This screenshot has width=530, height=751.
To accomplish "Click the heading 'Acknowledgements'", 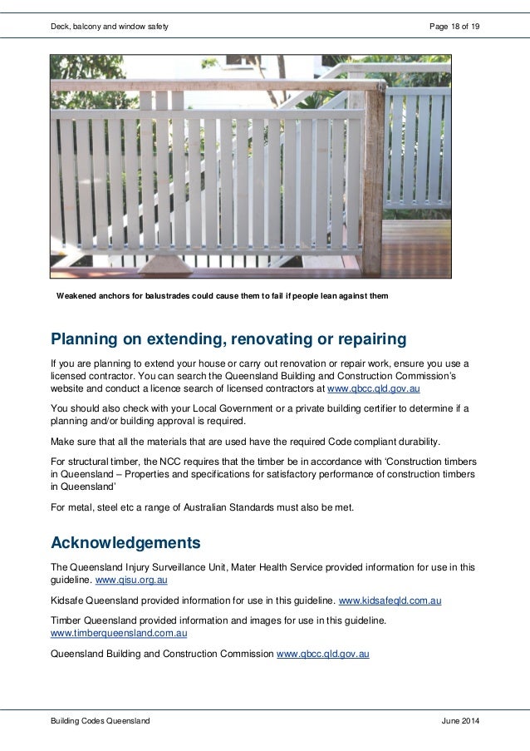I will [x=125, y=543].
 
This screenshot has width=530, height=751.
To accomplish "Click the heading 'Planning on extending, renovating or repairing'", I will [x=228, y=339].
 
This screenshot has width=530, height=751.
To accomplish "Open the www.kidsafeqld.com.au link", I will [x=390, y=600].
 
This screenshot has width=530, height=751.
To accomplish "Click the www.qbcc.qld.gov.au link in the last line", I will [x=322, y=654].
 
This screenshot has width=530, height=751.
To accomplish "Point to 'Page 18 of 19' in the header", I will [x=454, y=27].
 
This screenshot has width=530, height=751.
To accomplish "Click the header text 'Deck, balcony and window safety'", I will [x=110, y=27].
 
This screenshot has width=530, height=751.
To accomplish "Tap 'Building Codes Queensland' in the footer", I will [x=101, y=721].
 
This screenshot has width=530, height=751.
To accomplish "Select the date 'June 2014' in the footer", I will [x=460, y=721].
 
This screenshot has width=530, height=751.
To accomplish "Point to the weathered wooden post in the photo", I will [x=371, y=183].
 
